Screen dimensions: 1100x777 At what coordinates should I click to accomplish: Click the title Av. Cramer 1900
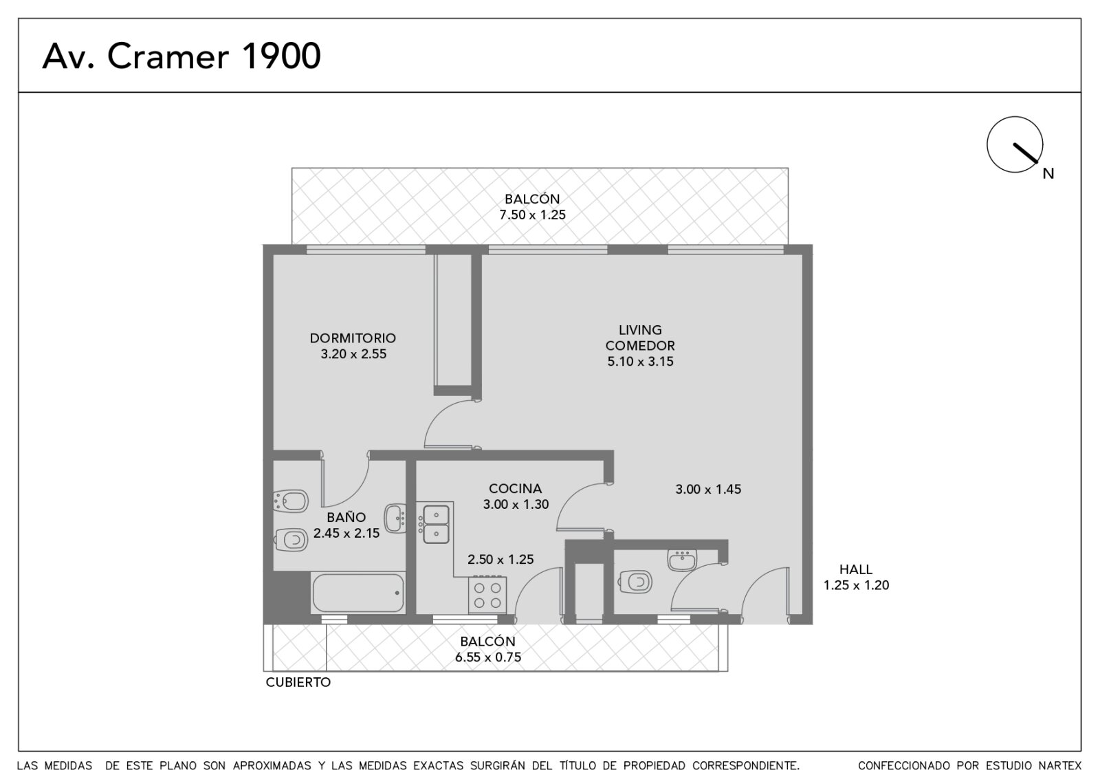tap(181, 56)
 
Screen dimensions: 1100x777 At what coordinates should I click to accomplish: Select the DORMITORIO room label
tap(353, 338)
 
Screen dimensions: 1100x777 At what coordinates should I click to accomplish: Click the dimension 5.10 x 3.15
tap(640, 362)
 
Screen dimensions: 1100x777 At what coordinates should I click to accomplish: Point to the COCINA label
tap(515, 488)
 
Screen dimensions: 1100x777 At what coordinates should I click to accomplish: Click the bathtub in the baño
tap(358, 593)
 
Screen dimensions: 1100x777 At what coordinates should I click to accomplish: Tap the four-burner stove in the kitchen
tap(487, 595)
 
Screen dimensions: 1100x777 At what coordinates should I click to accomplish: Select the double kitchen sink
tap(434, 524)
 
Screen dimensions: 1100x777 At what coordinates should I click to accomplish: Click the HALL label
tap(856, 569)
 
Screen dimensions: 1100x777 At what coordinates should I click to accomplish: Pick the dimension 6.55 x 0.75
tap(487, 657)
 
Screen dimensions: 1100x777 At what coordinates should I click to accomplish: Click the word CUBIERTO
tap(298, 682)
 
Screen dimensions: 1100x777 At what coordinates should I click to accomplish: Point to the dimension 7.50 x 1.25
tap(532, 215)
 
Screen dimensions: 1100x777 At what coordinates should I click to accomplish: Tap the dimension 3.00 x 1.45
tap(708, 489)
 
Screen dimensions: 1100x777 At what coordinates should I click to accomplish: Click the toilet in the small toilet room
tap(635, 582)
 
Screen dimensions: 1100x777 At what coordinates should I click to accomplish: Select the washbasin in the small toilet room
tap(682, 560)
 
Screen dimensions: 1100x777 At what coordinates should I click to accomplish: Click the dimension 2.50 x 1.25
tap(500, 560)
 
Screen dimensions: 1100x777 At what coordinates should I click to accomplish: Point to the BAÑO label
tap(346, 516)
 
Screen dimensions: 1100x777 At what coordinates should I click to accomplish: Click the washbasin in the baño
tap(395, 518)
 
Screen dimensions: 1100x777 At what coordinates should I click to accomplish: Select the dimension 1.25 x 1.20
tap(856, 585)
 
